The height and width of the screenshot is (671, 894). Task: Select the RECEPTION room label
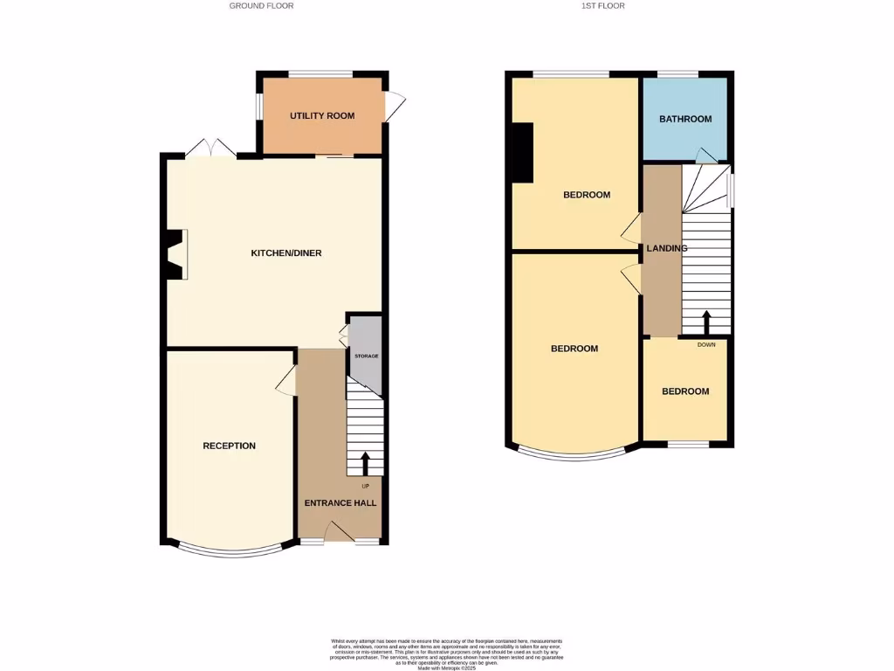(x=229, y=446)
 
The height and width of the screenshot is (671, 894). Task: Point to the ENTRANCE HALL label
(x=340, y=503)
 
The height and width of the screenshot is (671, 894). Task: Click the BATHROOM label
(x=685, y=119)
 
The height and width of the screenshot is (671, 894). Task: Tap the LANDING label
(x=666, y=248)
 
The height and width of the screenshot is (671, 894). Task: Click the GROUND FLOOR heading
(x=261, y=6)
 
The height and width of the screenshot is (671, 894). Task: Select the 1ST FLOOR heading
(x=602, y=6)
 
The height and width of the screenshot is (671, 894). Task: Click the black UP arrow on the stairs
(x=365, y=463)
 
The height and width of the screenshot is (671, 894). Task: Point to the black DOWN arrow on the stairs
(x=705, y=322)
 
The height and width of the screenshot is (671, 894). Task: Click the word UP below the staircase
(x=365, y=486)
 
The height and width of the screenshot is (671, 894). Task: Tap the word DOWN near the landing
(x=706, y=344)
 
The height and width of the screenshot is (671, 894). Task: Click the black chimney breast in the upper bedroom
(x=522, y=153)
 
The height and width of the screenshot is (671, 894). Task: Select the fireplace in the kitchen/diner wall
(x=175, y=254)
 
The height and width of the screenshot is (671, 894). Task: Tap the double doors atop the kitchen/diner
(x=210, y=149)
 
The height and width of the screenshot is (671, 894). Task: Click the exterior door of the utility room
(x=394, y=107)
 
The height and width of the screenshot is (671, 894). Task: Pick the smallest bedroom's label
(x=685, y=391)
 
